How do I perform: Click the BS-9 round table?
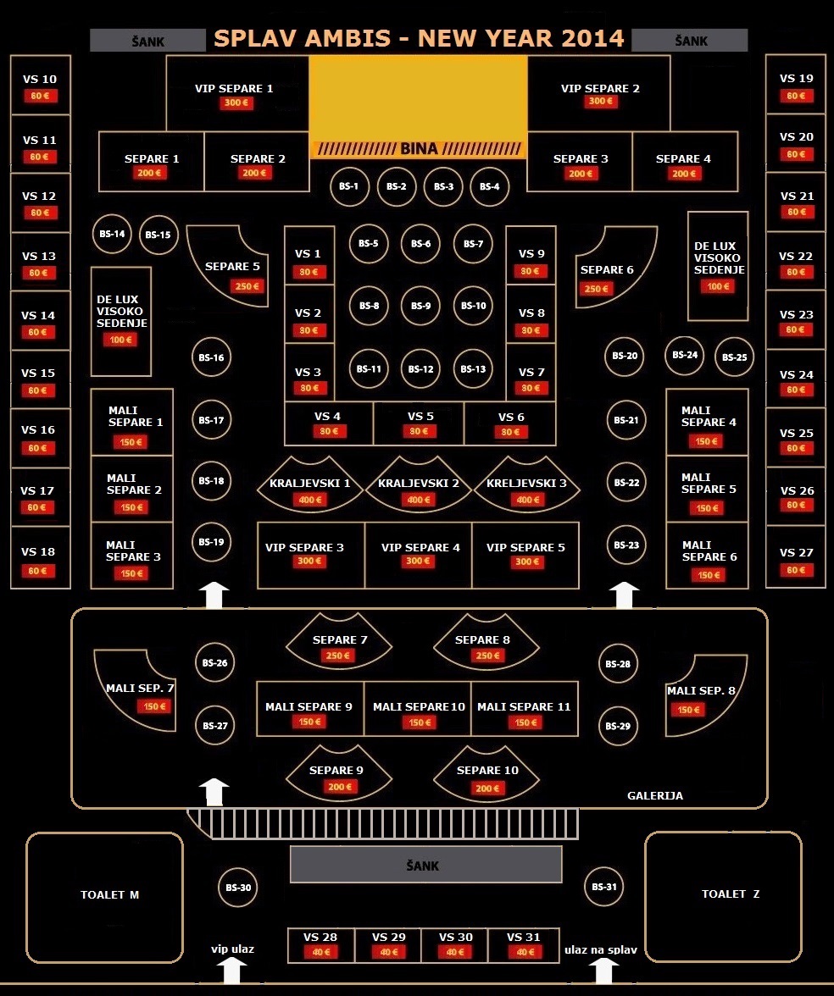[421, 306]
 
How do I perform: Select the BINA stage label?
[419, 149]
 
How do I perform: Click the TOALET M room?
[105, 897]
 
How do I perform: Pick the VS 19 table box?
[795, 85]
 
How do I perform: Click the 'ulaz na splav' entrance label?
[601, 950]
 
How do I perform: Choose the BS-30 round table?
[237, 888]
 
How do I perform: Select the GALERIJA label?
[655, 796]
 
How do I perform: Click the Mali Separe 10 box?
[418, 708]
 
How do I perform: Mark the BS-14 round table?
[112, 234]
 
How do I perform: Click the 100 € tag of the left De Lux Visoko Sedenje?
[120, 340]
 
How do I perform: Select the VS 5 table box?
[419, 423]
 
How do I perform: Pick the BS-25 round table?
[734, 357]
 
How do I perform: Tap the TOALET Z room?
[724, 895]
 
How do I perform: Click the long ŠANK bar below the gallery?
[425, 865]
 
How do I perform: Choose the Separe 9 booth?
[338, 772]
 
